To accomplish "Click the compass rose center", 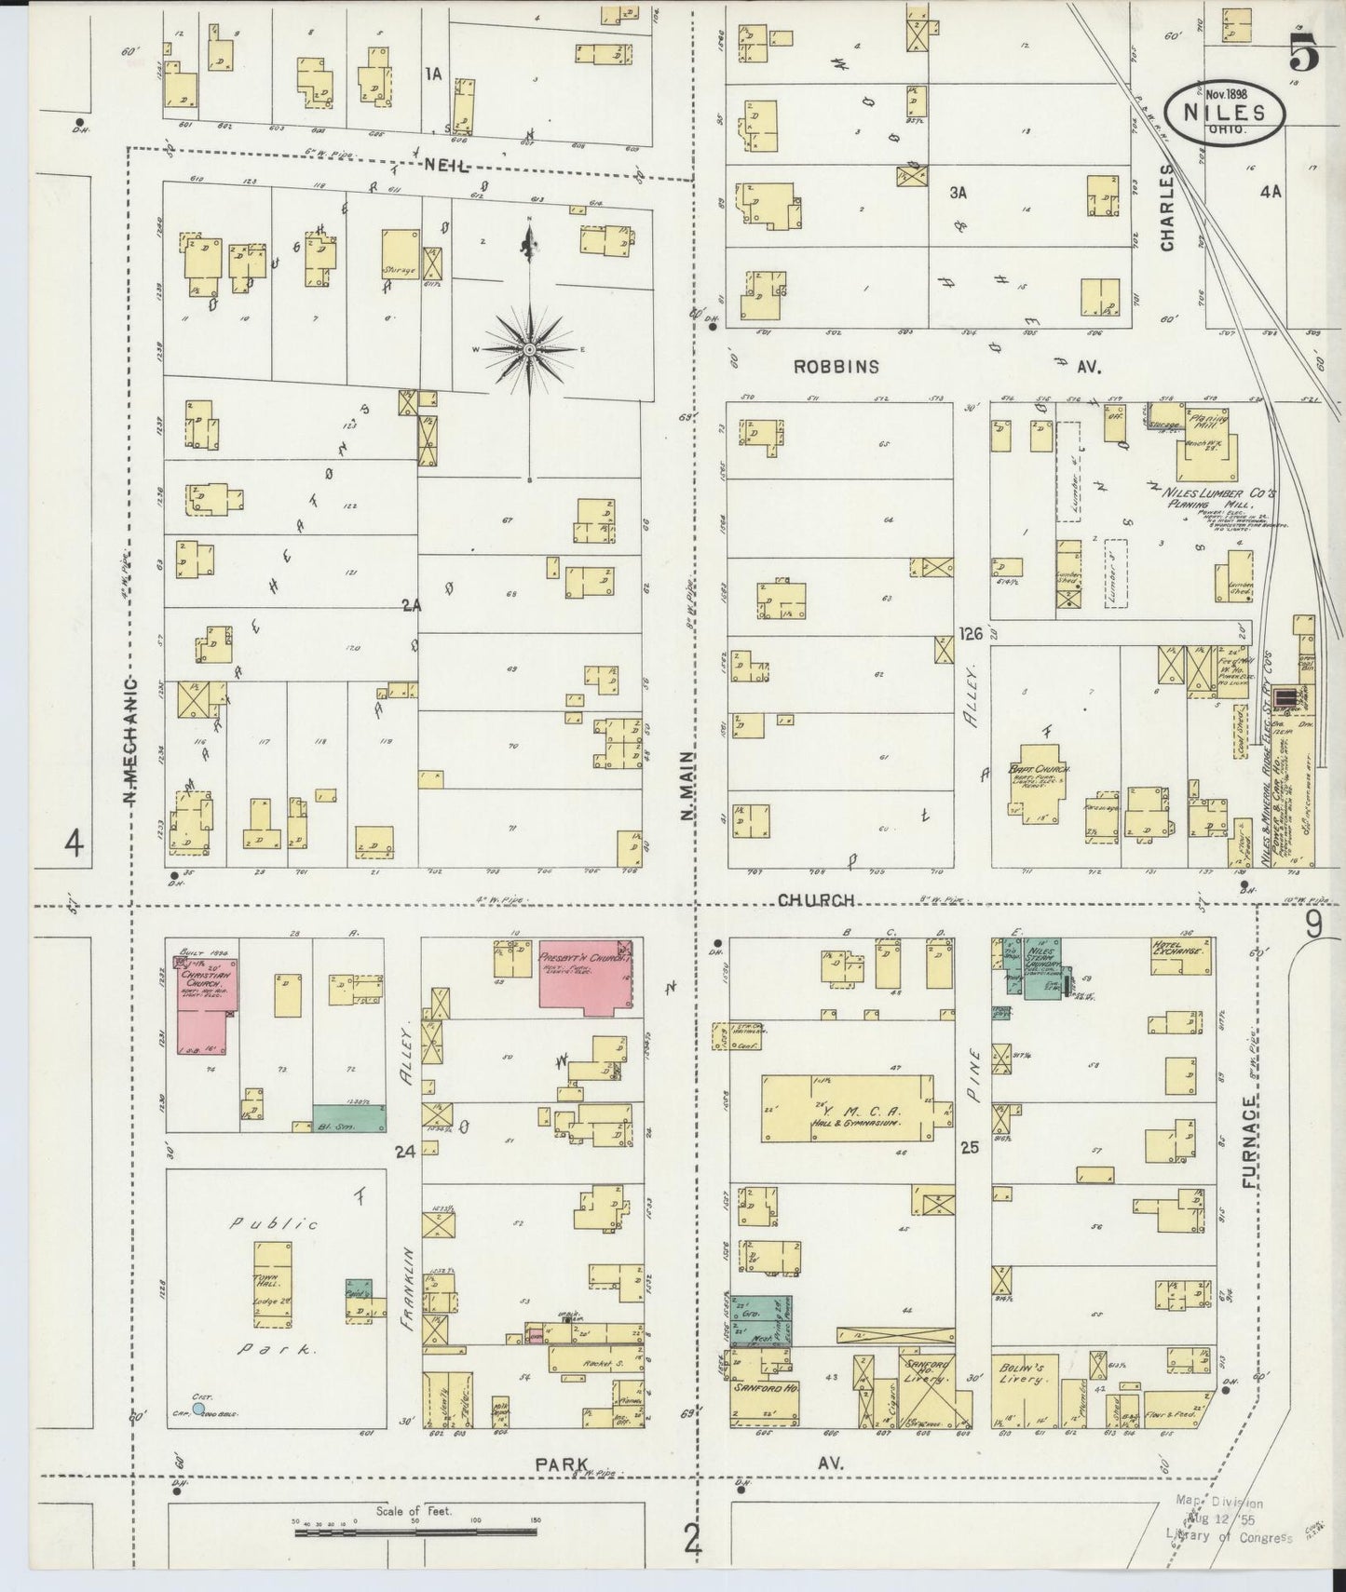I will click(529, 349).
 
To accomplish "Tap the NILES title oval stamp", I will click(1225, 109).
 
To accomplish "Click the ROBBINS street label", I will click(836, 367).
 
